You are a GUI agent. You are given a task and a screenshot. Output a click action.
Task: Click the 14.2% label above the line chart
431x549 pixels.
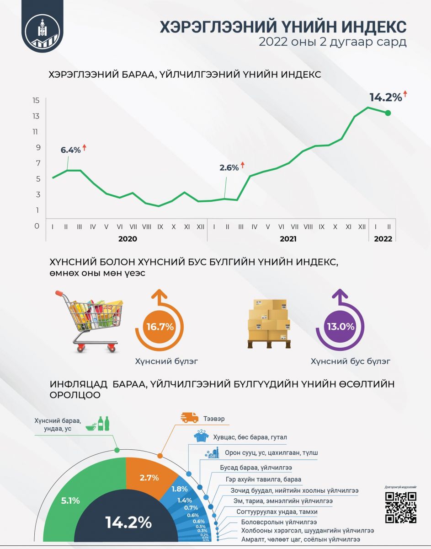point(385,97)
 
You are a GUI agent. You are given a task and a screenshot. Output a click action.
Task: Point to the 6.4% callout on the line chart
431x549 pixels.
point(70,150)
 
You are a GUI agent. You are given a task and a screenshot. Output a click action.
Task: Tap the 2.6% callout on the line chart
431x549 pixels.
point(229,168)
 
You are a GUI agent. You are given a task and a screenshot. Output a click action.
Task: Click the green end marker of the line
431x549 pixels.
point(388,113)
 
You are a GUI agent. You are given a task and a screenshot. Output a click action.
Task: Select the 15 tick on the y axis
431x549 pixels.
point(36,100)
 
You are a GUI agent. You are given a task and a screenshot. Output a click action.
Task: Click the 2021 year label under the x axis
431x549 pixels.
point(288,239)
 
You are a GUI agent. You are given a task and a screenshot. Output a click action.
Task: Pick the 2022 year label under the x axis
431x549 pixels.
point(383,239)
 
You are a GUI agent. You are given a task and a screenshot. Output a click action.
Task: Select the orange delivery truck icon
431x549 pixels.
point(189,417)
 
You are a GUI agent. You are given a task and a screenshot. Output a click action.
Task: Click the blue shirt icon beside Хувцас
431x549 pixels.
point(201,437)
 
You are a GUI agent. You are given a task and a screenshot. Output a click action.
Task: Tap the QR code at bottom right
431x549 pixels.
point(400,507)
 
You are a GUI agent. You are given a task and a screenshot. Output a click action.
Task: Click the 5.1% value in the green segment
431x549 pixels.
point(70,501)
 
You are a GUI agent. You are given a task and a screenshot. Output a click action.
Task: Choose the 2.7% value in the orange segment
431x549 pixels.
point(149,478)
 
